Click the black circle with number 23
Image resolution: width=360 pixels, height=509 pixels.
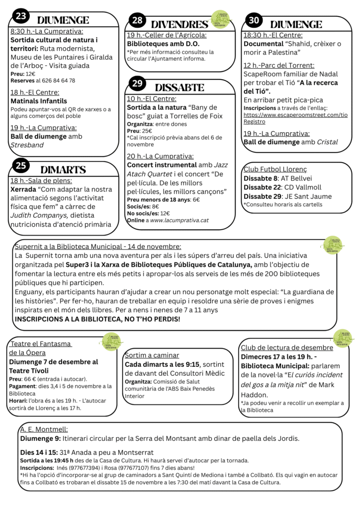click(x=21, y=16)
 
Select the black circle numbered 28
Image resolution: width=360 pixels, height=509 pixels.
click(x=137, y=21)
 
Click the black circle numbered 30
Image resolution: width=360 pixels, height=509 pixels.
click(x=255, y=20)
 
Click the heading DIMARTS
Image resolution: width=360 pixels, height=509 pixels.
click(x=63, y=170)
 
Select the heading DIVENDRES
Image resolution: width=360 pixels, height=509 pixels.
click(x=179, y=24)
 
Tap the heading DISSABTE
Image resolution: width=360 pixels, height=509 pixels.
click(x=180, y=87)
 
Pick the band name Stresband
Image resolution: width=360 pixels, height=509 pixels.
click(x=27, y=145)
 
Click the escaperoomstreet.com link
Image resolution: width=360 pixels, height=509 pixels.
click(x=295, y=115)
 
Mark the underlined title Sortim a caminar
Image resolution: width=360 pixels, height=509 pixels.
click(x=152, y=355)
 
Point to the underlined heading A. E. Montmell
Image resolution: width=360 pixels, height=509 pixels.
click(x=44, y=429)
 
